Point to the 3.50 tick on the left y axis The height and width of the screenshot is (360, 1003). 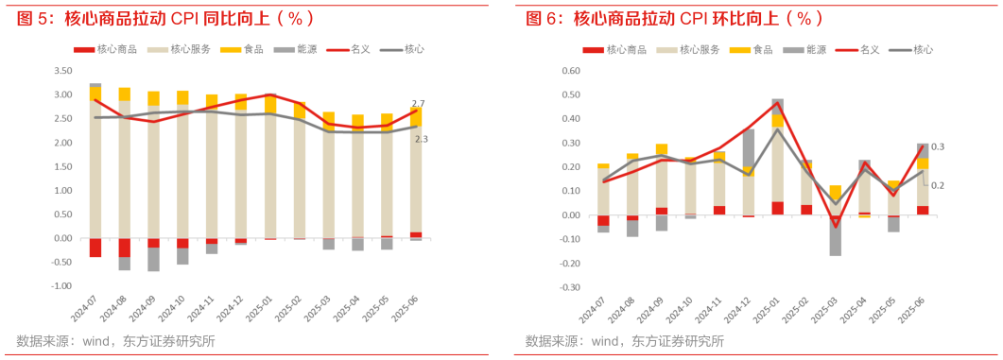click(x=61, y=71)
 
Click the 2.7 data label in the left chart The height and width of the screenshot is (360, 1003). click(x=419, y=103)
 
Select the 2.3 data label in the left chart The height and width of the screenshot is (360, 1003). click(x=420, y=139)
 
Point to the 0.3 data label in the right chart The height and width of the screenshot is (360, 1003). click(x=938, y=147)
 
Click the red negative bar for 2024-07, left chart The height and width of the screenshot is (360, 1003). click(x=95, y=247)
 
